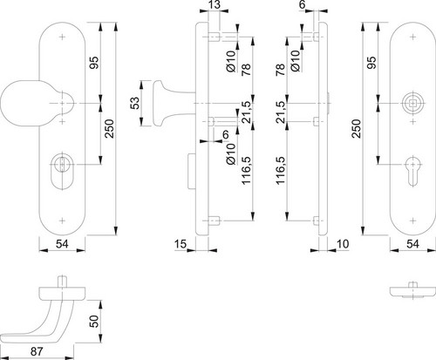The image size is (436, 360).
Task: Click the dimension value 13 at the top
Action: coord(215,4)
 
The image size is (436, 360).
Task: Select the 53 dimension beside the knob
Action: coord(135,103)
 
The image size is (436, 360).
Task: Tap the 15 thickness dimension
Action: coord(181,244)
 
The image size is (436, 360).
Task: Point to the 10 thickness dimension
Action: coord(343,244)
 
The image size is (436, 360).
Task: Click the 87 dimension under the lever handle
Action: coord(37,351)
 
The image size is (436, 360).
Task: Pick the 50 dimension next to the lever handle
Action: coord(94,321)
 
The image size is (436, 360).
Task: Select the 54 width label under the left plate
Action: coord(62,244)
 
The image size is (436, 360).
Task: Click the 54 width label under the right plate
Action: coord(412,244)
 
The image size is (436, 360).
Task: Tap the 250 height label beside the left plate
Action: coord(110,128)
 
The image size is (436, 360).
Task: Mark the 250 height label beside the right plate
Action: coord(357,128)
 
